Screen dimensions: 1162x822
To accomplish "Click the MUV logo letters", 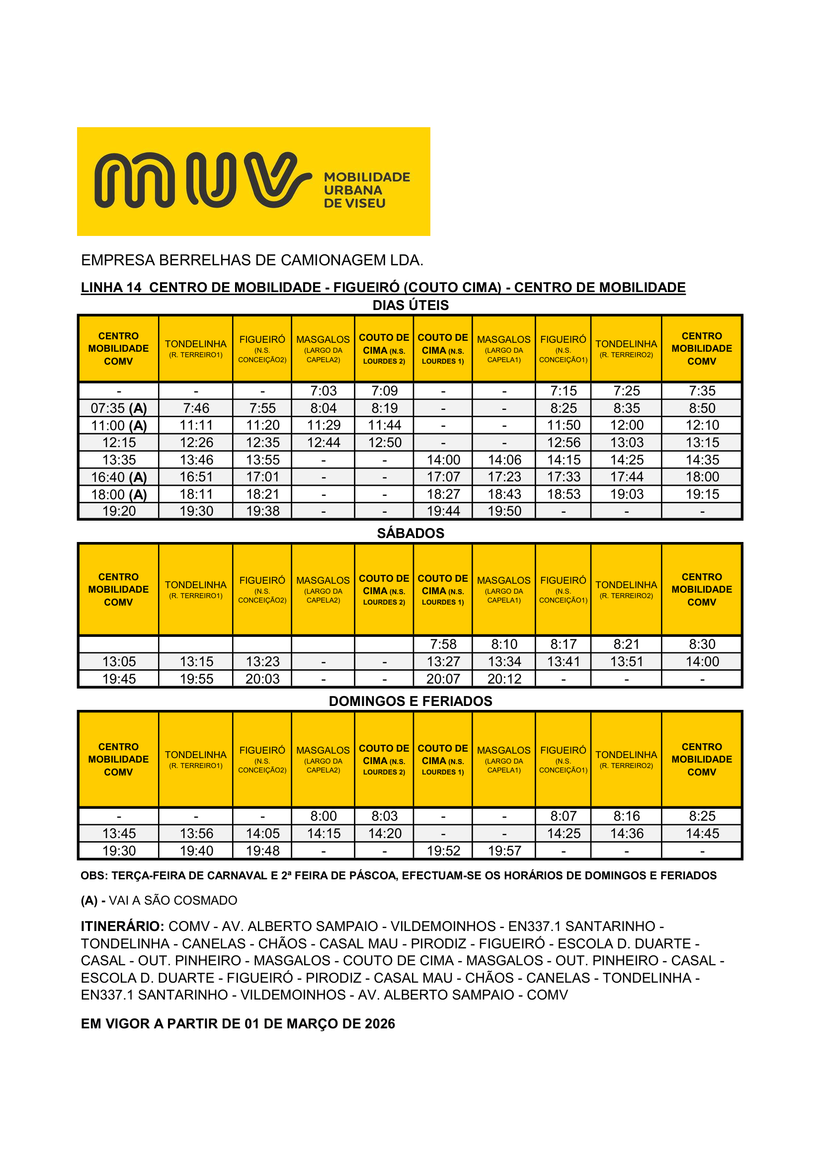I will pyautogui.click(x=202, y=180).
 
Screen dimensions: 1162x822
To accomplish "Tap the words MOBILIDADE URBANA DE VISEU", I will pyautogui.click(x=366, y=190).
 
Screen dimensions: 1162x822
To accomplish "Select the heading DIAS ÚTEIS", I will pyautogui.click(x=411, y=305).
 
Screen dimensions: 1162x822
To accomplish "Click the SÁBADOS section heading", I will pyautogui.click(x=411, y=533).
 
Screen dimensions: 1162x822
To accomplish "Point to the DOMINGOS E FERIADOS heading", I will pyautogui.click(x=411, y=701).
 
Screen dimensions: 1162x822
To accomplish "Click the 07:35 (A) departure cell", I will pyautogui.click(x=119, y=408).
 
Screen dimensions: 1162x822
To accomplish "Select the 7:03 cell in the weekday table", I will pyautogui.click(x=324, y=390).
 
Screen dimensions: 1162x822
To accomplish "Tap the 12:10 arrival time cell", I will pyautogui.click(x=702, y=425).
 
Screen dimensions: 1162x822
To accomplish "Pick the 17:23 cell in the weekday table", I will pyautogui.click(x=504, y=477).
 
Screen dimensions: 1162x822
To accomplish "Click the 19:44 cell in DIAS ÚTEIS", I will pyautogui.click(x=443, y=511).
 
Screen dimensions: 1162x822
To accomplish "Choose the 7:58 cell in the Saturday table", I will pyautogui.click(x=443, y=644).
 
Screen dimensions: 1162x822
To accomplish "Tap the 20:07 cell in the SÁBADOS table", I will pyautogui.click(x=443, y=679).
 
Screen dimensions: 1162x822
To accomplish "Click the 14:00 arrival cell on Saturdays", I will pyautogui.click(x=702, y=661).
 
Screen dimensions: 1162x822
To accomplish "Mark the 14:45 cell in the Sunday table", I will pyautogui.click(x=702, y=834).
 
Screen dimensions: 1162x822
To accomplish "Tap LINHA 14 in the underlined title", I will pyautogui.click(x=111, y=288).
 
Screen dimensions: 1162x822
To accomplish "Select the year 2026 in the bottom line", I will pyautogui.click(x=379, y=1023).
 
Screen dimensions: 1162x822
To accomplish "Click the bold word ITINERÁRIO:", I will pyautogui.click(x=122, y=926).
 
